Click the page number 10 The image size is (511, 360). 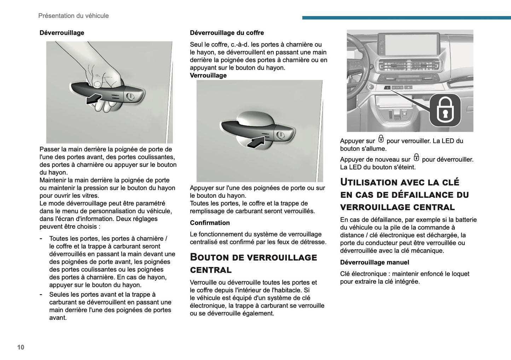tap(21, 347)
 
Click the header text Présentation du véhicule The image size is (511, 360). tap(73, 16)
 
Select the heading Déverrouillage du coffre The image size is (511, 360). tap(227, 33)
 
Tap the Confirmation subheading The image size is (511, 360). tap(210, 223)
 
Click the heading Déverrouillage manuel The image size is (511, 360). tap(374, 262)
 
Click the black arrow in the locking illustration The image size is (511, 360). tap(255, 143)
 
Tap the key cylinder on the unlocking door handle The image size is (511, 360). tap(130, 96)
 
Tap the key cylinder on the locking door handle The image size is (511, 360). tap(280, 135)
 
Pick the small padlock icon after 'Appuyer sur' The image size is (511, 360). tap(381, 139)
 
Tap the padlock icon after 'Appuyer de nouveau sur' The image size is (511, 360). tap(416, 158)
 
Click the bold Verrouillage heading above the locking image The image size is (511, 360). tap(208, 76)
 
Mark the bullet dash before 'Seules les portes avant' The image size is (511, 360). tap(41, 295)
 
